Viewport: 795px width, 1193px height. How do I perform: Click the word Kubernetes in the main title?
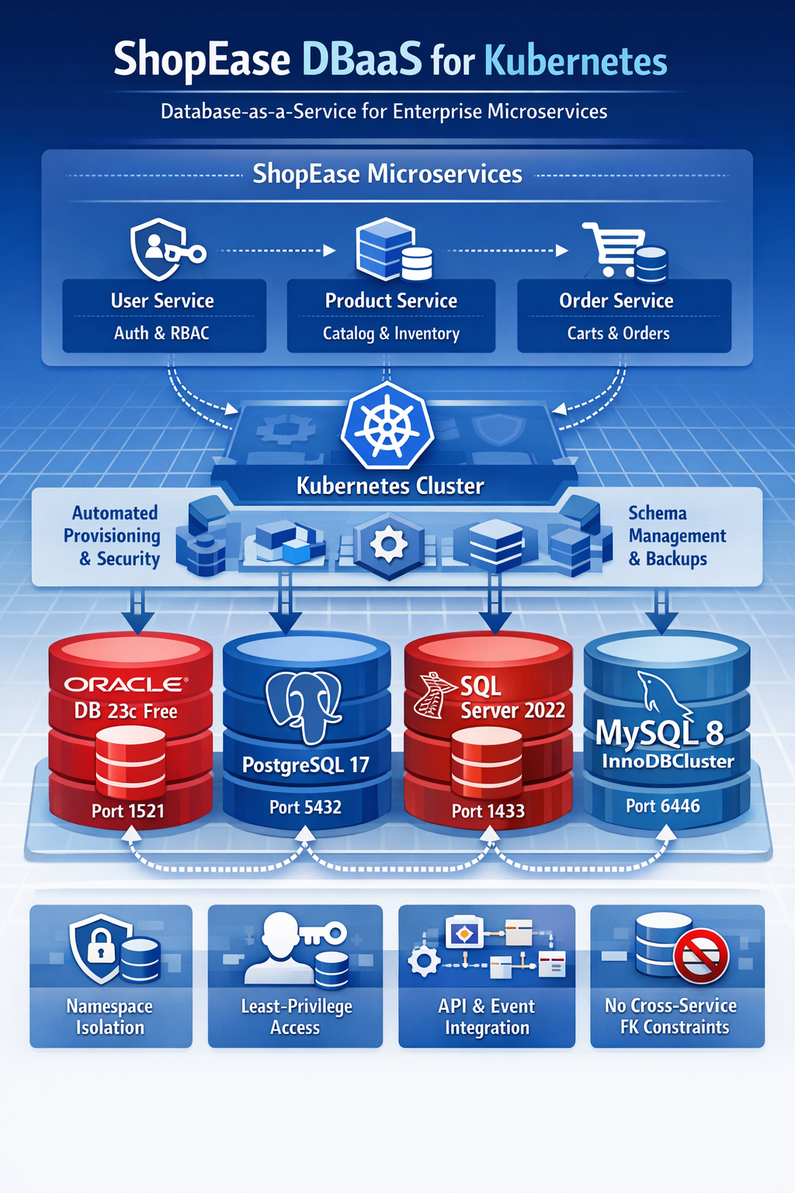click(x=575, y=61)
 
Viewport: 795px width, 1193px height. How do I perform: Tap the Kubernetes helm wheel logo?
click(x=387, y=427)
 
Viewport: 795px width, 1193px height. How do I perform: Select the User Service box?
click(x=164, y=315)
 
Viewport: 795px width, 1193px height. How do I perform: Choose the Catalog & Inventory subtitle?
click(x=391, y=334)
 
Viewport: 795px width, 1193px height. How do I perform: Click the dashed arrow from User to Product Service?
click(x=277, y=251)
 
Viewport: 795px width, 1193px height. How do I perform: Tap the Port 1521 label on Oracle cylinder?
click(x=128, y=812)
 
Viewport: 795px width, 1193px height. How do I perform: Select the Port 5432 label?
click(x=305, y=808)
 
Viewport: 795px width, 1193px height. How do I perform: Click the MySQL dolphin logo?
click(x=660, y=694)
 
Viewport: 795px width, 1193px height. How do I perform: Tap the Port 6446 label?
click(x=663, y=806)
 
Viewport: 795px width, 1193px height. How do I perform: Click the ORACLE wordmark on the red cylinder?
click(x=125, y=684)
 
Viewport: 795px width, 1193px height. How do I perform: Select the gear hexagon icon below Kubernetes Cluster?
click(x=388, y=544)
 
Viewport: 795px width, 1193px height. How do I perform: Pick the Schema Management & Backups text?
click(x=676, y=536)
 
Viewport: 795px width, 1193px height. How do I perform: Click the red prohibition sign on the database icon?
click(x=701, y=956)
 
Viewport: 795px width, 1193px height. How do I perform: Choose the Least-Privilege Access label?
click(x=296, y=1017)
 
